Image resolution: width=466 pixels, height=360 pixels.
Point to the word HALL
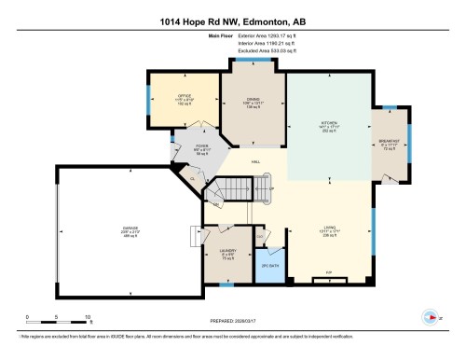coord(254,162)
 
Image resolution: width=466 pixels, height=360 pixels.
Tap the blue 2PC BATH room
coord(270,265)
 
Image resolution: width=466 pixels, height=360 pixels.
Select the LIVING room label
coord(328,232)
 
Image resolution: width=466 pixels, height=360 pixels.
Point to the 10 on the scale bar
coord(88,318)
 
